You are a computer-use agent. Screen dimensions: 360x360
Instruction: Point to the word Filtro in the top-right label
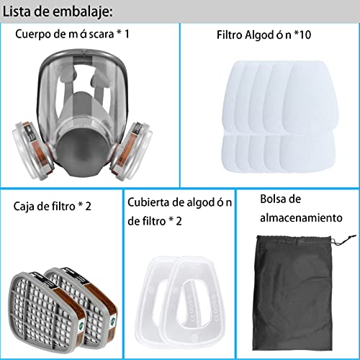(x=231, y=34)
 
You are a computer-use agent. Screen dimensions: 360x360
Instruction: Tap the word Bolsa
(x=274, y=198)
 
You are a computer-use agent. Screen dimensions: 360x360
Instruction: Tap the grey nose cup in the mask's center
(x=91, y=151)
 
